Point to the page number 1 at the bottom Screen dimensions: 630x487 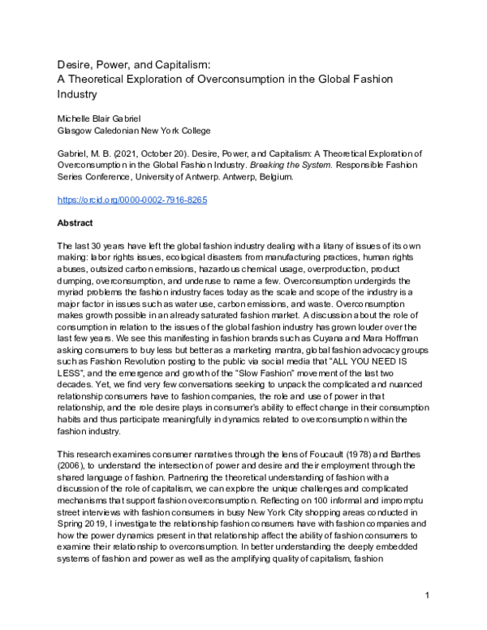(427, 619)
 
